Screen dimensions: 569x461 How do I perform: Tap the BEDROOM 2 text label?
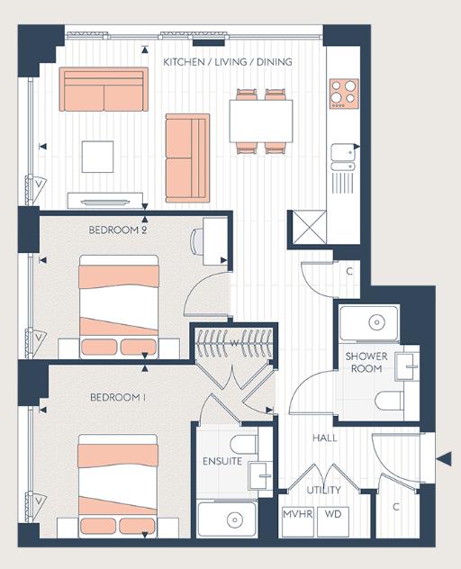click(x=118, y=230)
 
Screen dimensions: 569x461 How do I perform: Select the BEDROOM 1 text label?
click(x=118, y=397)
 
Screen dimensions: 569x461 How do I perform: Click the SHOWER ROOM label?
click(x=366, y=362)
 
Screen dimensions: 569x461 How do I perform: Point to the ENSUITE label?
click(x=221, y=461)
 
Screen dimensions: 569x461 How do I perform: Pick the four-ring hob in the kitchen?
click(x=343, y=92)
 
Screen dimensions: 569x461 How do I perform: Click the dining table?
click(x=260, y=121)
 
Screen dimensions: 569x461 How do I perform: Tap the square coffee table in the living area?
click(x=97, y=157)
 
